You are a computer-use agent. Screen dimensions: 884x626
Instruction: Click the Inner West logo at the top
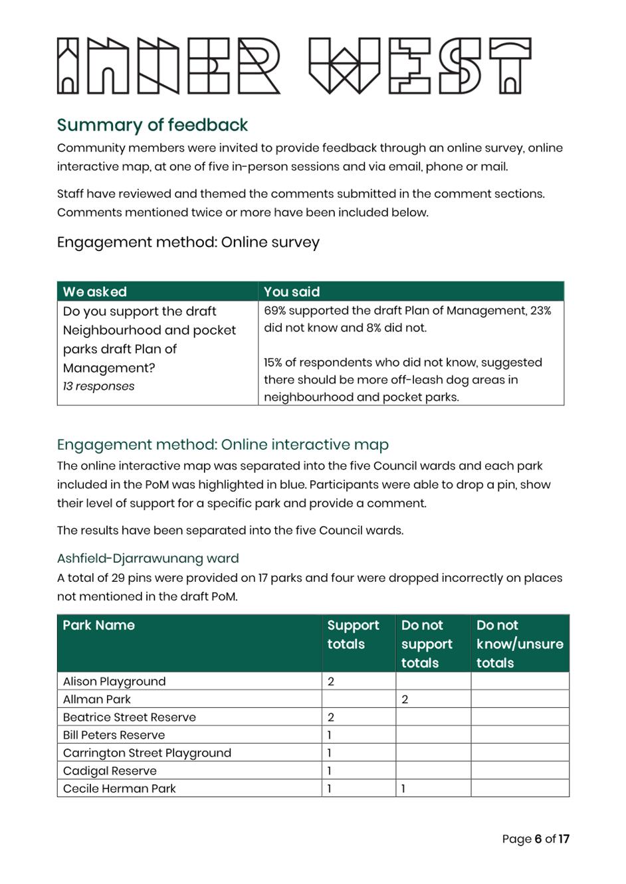[x=294, y=66]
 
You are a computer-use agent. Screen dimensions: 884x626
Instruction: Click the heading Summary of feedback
[x=152, y=125]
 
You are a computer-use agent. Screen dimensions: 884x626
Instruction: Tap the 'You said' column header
[x=292, y=292]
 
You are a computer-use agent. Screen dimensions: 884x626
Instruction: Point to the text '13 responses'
[x=99, y=387]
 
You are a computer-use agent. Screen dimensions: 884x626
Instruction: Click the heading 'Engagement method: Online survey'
[x=188, y=242]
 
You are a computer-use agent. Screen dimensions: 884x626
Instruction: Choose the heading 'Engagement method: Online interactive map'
[x=223, y=444]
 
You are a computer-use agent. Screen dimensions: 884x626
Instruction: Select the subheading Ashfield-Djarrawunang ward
[x=148, y=558]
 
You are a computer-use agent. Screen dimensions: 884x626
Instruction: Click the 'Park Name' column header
[x=99, y=625]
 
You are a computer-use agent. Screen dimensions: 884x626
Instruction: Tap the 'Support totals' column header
[x=353, y=634]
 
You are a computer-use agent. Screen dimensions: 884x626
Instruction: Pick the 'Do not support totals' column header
[x=427, y=644]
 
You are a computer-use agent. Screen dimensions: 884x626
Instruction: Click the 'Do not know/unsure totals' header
[x=519, y=644]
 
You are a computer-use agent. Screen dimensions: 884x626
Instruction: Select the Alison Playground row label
[x=114, y=681]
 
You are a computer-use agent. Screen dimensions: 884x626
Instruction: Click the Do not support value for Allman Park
[x=404, y=699]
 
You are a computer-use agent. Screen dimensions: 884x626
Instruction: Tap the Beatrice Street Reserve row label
[x=129, y=717]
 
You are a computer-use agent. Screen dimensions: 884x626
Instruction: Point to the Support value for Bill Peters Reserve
[x=330, y=735]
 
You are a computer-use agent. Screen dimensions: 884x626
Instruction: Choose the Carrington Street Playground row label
[x=147, y=753]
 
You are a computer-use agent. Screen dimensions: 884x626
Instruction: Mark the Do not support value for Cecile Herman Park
[x=403, y=789]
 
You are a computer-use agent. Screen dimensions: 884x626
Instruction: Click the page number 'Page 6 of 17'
[x=535, y=840]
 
